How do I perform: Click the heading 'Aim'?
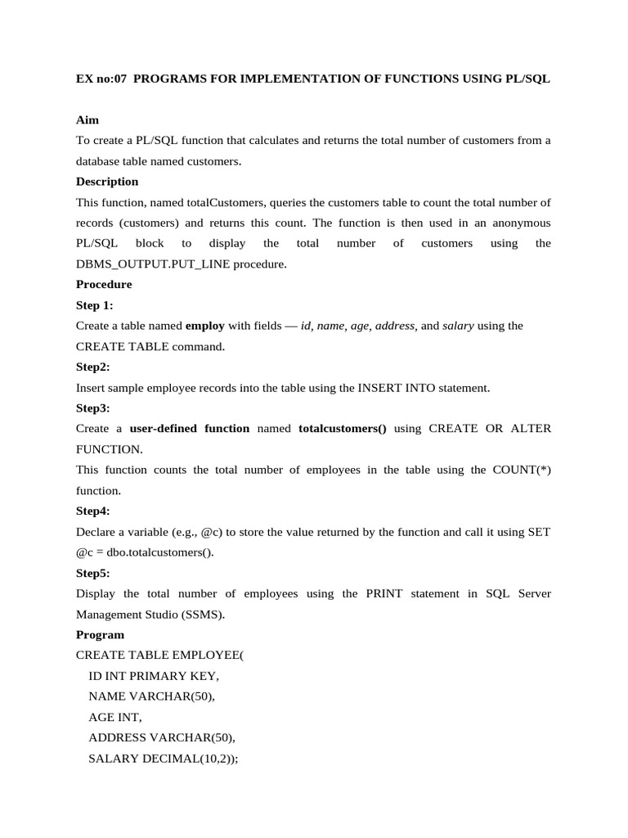coord(87,119)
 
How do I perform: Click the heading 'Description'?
coord(107,182)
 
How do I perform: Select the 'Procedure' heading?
coord(104,285)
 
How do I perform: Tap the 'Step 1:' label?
coord(95,305)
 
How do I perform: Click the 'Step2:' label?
coord(93,367)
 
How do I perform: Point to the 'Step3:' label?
coord(93,408)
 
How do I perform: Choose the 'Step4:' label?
coord(93,511)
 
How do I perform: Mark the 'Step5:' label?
coord(93,573)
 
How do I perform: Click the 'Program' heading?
coord(100,635)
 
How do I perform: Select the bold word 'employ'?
coord(205,326)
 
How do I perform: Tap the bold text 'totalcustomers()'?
coord(343,429)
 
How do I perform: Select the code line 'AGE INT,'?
coord(115,718)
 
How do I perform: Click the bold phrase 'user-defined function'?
coord(190,429)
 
